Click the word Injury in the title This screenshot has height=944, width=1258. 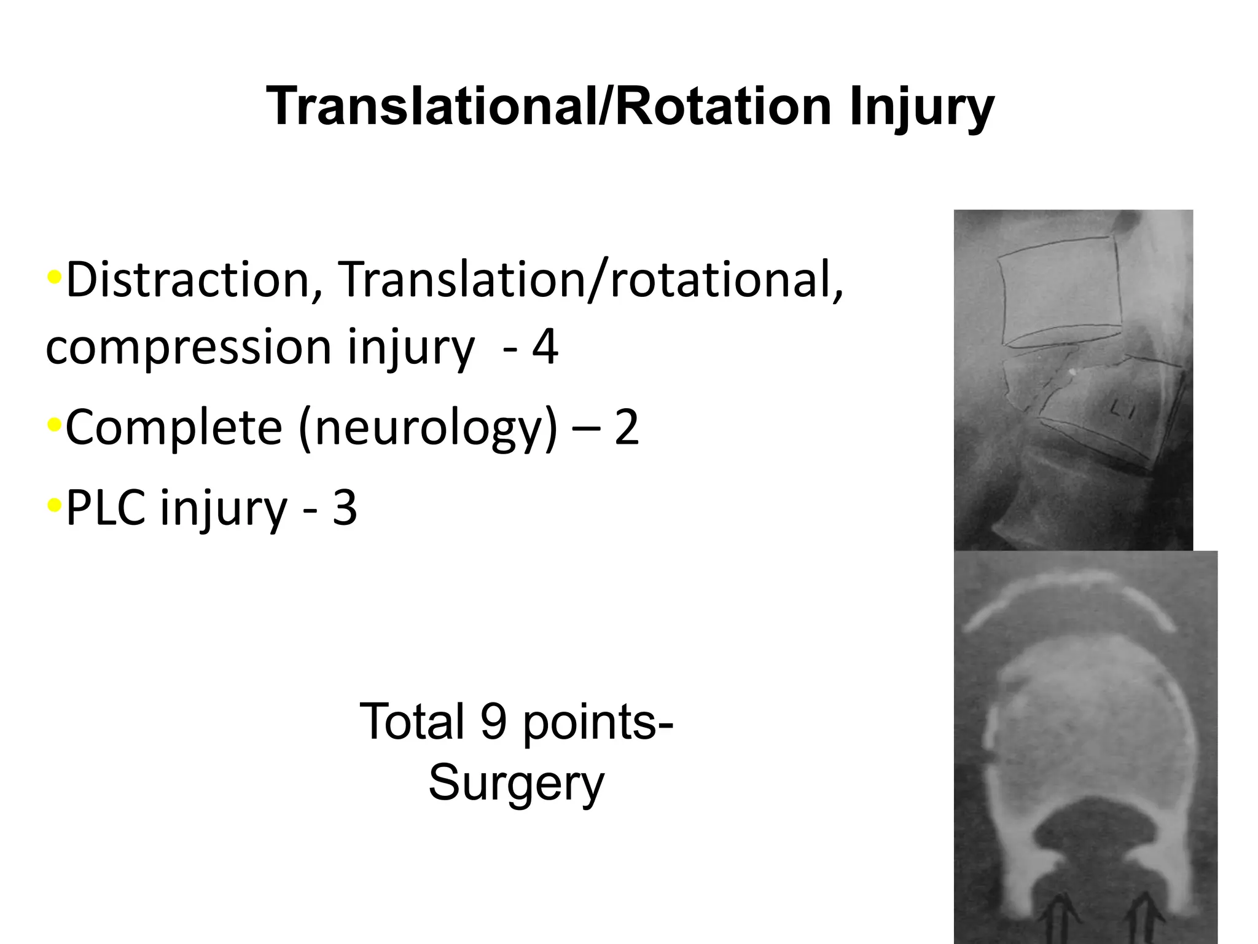[x=921, y=108]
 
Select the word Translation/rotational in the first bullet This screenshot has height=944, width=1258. [x=590, y=280]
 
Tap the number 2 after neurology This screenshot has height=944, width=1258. [x=626, y=428]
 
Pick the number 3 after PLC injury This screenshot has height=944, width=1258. [x=345, y=508]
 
